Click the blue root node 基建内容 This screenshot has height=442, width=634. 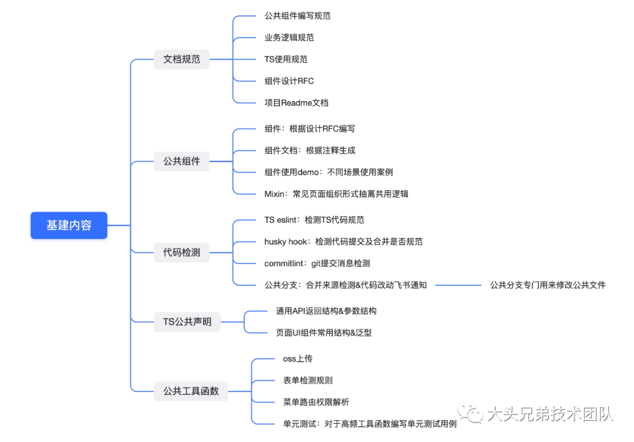point(69,225)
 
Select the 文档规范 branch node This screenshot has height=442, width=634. point(181,59)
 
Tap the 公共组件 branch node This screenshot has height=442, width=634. point(181,161)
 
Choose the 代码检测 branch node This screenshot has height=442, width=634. point(181,253)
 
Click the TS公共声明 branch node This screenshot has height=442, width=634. point(187,322)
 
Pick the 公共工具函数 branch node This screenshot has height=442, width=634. point(191,391)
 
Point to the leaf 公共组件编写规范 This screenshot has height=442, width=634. point(297,16)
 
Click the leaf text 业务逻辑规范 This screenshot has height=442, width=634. point(289,38)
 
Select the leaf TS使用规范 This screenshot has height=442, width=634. point(286,59)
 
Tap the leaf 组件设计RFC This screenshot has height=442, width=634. point(289,81)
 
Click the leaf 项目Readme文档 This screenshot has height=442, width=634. point(296,103)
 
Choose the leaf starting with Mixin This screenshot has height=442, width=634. point(336,194)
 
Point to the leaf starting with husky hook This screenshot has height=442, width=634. point(343,242)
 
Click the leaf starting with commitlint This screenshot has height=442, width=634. point(317,263)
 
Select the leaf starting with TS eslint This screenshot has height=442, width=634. point(314,220)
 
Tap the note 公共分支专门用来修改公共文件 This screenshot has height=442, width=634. point(548,285)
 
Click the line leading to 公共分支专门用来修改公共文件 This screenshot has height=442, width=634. point(458,285)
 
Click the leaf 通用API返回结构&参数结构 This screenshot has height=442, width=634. point(326,311)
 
